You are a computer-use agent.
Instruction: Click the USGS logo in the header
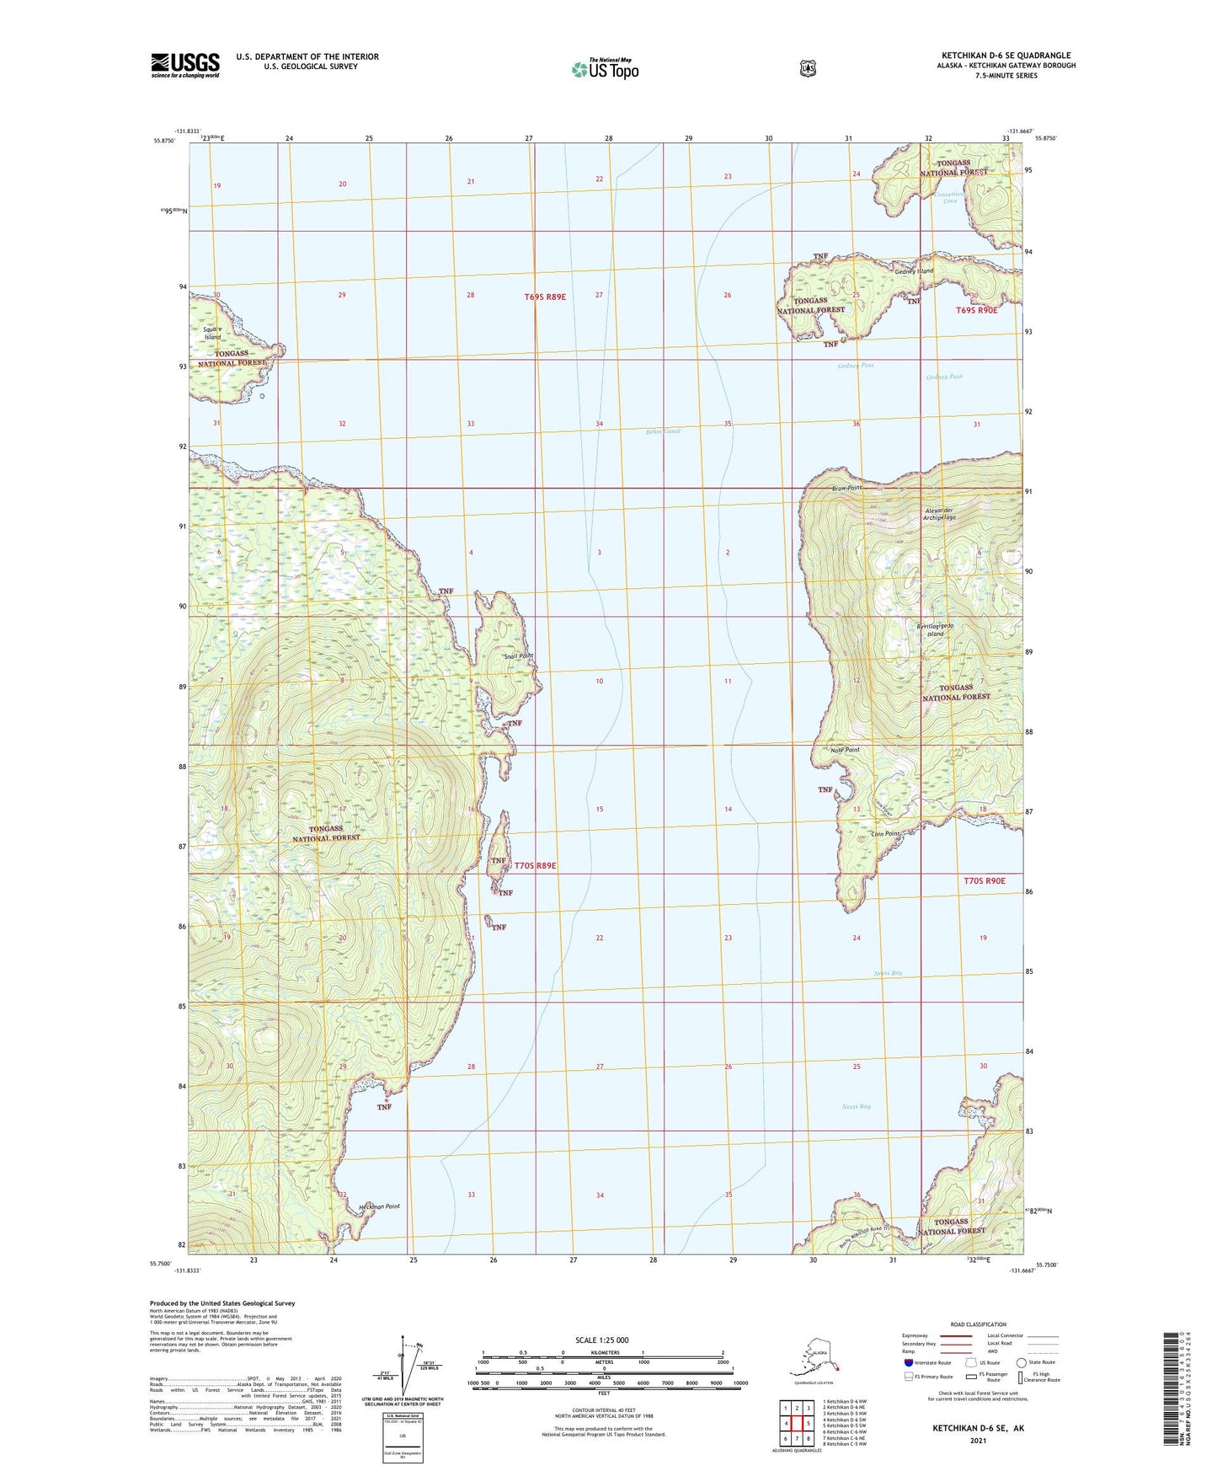point(185,64)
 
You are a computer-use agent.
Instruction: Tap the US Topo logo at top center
point(605,69)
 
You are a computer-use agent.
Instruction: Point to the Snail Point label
point(519,655)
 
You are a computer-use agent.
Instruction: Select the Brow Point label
point(846,488)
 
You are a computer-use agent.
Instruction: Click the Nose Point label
point(844,750)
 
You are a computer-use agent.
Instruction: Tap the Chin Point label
point(884,834)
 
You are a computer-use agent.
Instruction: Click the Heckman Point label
point(379,1206)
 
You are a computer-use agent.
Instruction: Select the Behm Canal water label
point(662,431)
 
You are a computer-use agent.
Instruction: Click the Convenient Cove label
point(950,197)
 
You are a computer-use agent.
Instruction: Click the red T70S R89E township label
point(535,865)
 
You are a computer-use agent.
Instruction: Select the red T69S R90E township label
point(976,311)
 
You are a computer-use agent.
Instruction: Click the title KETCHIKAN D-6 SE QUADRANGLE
point(1006,56)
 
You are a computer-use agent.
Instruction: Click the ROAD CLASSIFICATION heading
point(979,1324)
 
